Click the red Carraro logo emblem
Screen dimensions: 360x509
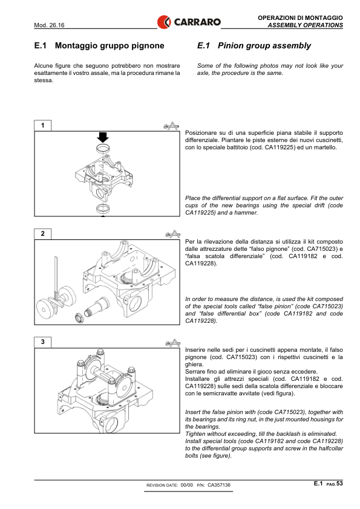pyautogui.click(x=164, y=22)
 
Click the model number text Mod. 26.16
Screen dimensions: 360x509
pyautogui.click(x=49, y=25)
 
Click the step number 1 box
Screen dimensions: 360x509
pyautogui.click(x=42, y=125)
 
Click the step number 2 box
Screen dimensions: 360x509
pyautogui.click(x=42, y=234)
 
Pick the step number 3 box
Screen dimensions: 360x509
pyautogui.click(x=42, y=342)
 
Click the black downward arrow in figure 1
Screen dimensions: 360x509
pyautogui.click(x=103, y=137)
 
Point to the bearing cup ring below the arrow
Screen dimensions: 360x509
pyautogui.click(x=103, y=149)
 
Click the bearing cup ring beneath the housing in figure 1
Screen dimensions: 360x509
pyautogui.click(x=103, y=208)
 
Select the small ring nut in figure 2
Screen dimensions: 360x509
pyautogui.click(x=79, y=317)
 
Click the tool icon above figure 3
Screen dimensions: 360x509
pyautogui.click(x=172, y=343)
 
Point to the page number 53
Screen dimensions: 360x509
pyautogui.click(x=339, y=484)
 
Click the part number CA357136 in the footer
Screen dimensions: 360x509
pyautogui.click(x=219, y=485)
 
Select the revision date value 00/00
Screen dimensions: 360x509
pyautogui.click(x=186, y=485)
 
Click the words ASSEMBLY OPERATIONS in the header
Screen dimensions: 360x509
pyautogui.click(x=306, y=25)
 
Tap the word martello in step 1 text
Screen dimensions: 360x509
pyautogui.click(x=326, y=148)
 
